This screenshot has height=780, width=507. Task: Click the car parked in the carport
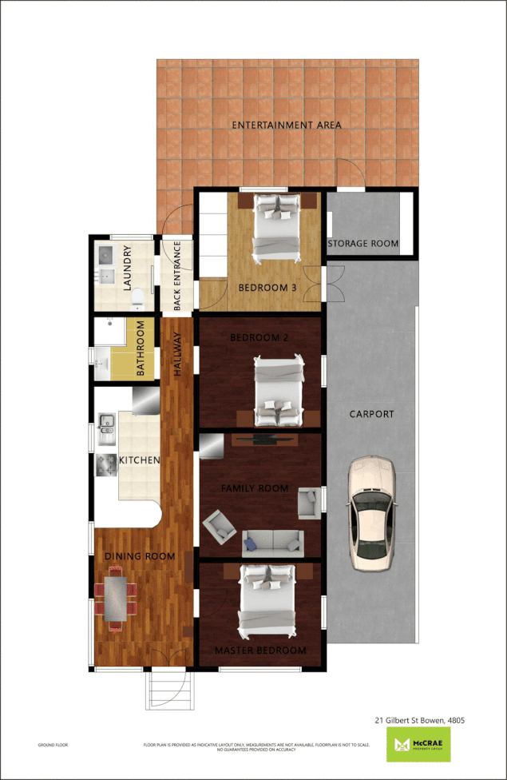pyautogui.click(x=369, y=511)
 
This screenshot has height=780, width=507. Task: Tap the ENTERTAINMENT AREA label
pyautogui.click(x=286, y=125)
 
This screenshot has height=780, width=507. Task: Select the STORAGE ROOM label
pyautogui.click(x=362, y=244)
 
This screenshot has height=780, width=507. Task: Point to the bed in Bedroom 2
pyautogui.click(x=279, y=391)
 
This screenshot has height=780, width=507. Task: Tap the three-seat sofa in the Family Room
pyautogui.click(x=271, y=543)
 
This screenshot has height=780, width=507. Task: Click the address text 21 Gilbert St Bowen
pyautogui.click(x=419, y=720)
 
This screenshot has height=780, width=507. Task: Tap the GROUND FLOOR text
pyautogui.click(x=53, y=745)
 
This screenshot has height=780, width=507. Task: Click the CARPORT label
pyautogui.click(x=371, y=414)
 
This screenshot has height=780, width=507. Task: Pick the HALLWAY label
pyautogui.click(x=178, y=355)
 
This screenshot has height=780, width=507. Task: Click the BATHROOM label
pyautogui.click(x=141, y=348)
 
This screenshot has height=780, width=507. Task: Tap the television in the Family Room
pyautogui.click(x=265, y=439)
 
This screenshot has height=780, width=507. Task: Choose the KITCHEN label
pyautogui.click(x=140, y=460)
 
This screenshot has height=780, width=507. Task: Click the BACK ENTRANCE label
pyautogui.click(x=177, y=277)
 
